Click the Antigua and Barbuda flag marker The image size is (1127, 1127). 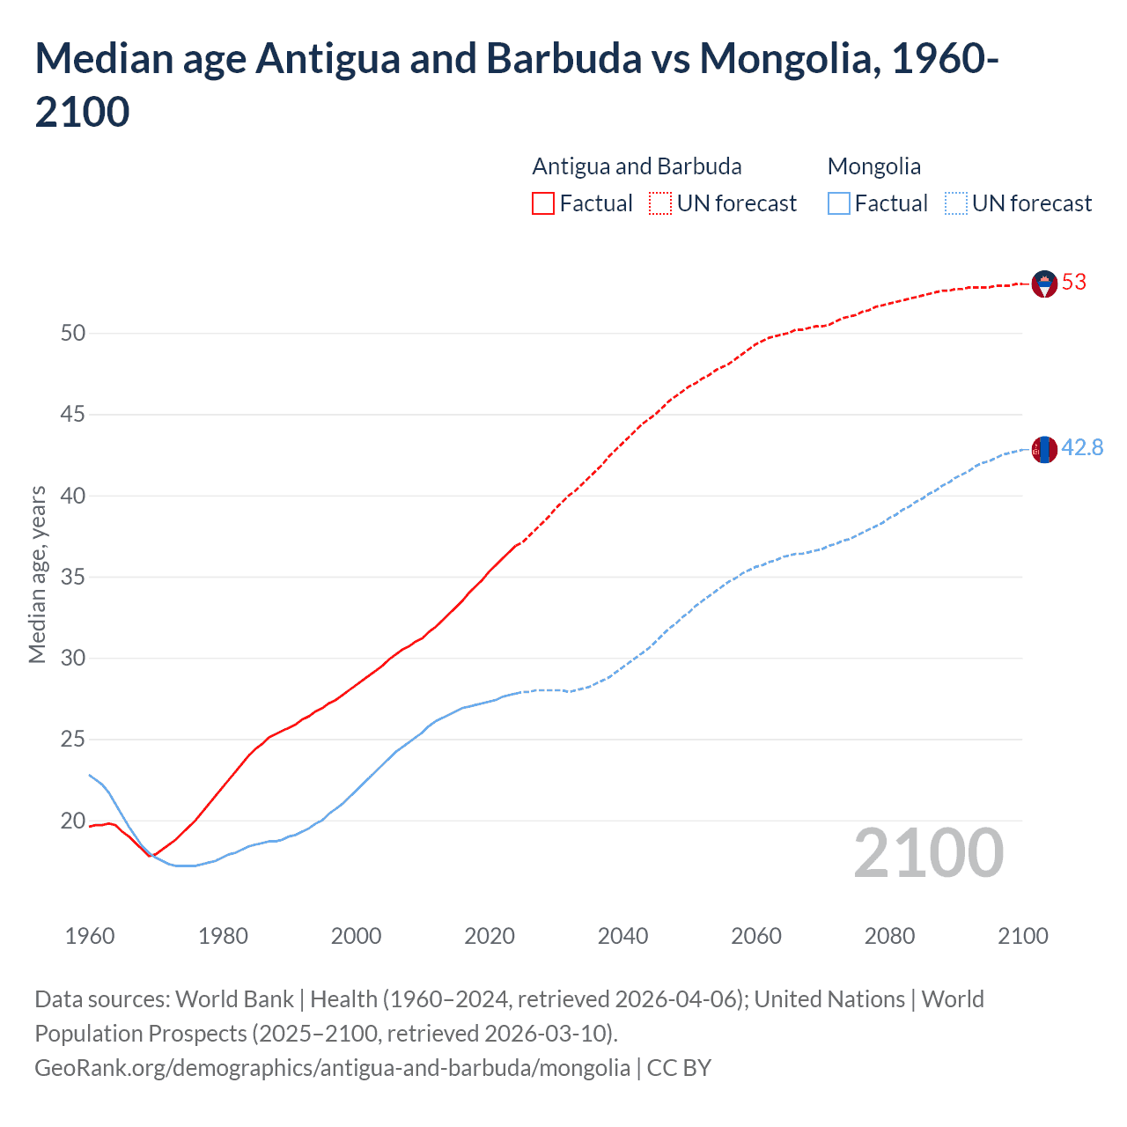pyautogui.click(x=1044, y=284)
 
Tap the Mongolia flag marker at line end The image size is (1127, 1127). pyautogui.click(x=1044, y=449)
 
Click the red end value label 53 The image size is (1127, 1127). pyautogui.click(x=1074, y=282)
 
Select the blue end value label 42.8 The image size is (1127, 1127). pyautogui.click(x=1082, y=447)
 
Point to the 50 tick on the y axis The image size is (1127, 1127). pyautogui.click(x=73, y=333)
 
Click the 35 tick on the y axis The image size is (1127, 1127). pyautogui.click(x=73, y=577)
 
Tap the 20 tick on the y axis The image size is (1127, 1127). pyautogui.click(x=73, y=821)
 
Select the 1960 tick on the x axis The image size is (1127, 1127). pyautogui.click(x=90, y=935)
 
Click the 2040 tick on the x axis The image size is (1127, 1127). pyautogui.click(x=622, y=935)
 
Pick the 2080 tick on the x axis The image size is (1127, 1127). pyautogui.click(x=889, y=935)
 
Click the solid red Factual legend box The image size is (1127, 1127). pyautogui.click(x=543, y=203)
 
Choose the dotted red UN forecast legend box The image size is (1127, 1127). pyautogui.click(x=660, y=203)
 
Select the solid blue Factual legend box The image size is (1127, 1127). pyautogui.click(x=839, y=203)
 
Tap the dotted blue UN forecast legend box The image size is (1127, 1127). pyautogui.click(x=955, y=203)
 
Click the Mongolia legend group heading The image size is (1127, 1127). pyautogui.click(x=874, y=166)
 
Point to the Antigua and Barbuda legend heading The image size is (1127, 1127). pyautogui.click(x=637, y=166)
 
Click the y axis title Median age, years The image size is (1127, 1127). pyautogui.click(x=37, y=574)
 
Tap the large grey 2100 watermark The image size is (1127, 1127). pyautogui.click(x=928, y=852)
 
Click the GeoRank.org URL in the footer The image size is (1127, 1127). pyautogui.click(x=332, y=1067)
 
